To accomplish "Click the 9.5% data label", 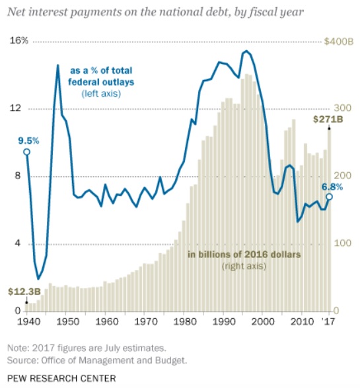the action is (x=28, y=141).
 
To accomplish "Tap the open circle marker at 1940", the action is (x=26, y=152).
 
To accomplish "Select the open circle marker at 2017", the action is (x=329, y=197).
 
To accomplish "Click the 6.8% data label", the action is (x=332, y=187).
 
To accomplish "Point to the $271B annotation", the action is (x=328, y=119).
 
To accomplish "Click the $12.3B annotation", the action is (x=24, y=292).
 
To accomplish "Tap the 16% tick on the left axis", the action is (x=19, y=41).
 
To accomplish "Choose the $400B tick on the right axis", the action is (x=338, y=42).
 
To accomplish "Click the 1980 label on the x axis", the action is (x=184, y=321).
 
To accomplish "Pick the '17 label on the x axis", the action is (x=328, y=321).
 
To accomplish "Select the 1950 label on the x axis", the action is (x=66, y=321).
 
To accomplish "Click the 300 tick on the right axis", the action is (x=342, y=108).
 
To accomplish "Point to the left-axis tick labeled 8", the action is (x=17, y=176).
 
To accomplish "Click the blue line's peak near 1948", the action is (x=57, y=65).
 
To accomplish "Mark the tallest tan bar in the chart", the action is (x=247, y=192).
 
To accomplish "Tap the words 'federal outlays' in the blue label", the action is (x=101, y=82).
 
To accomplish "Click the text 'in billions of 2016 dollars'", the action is (x=244, y=255).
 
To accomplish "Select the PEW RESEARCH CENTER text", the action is (x=61, y=378).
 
